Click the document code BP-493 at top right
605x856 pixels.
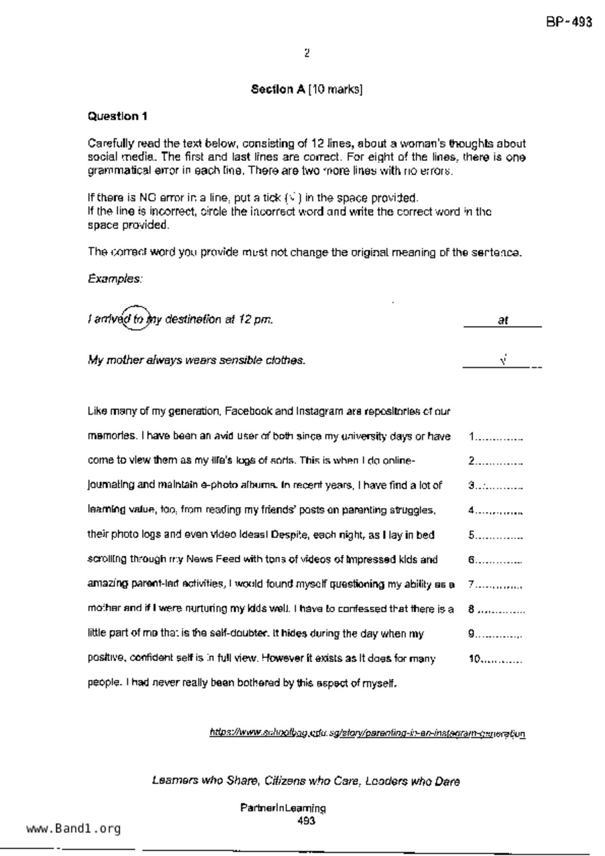click(569, 22)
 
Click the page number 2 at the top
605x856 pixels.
click(307, 53)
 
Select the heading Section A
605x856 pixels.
click(278, 89)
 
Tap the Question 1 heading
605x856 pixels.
click(117, 116)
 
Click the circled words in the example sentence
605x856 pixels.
click(135, 319)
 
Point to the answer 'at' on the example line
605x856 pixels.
click(503, 320)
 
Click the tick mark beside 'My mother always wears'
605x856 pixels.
click(503, 360)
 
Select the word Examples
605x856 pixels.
click(115, 279)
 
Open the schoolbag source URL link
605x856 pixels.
click(367, 733)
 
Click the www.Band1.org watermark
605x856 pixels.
click(73, 829)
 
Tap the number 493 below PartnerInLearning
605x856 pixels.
click(306, 821)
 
